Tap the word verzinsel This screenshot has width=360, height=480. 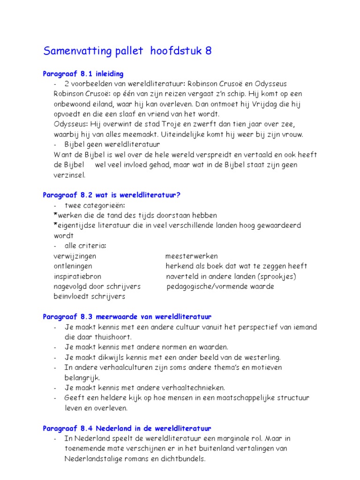click(69, 175)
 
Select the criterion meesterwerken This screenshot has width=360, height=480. click(191, 256)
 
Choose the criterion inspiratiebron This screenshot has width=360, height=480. click(77, 276)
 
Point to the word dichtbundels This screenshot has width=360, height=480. click(182, 459)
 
